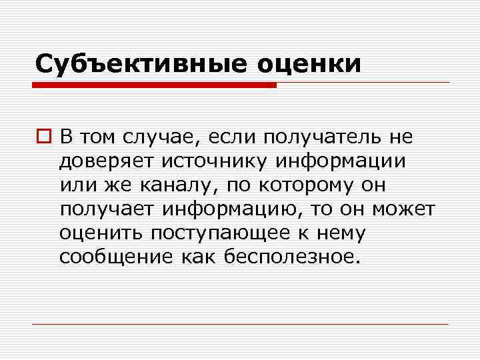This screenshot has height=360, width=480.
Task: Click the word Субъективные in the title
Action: click(x=139, y=64)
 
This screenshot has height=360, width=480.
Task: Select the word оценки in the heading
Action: click(x=307, y=64)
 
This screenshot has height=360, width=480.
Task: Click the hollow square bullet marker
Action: click(x=45, y=137)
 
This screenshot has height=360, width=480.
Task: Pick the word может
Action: click(x=403, y=209)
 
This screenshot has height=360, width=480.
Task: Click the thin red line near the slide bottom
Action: click(x=240, y=324)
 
